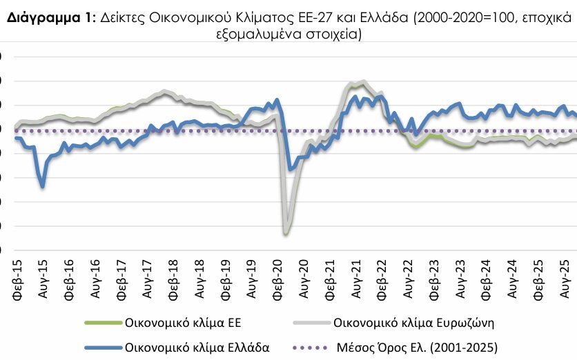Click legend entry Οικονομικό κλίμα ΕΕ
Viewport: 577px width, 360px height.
pyautogui.click(x=184, y=322)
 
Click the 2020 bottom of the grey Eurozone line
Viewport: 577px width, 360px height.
pyautogui.click(x=285, y=233)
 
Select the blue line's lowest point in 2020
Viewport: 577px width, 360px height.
pyautogui.click(x=289, y=170)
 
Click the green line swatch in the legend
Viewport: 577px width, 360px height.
pyautogui.click(x=101, y=322)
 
